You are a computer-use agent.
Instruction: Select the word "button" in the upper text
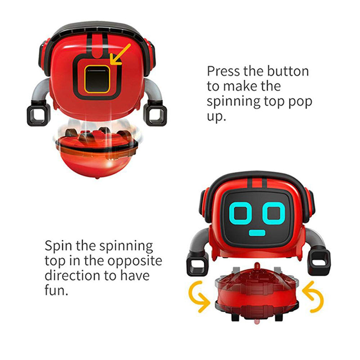(x=288, y=71)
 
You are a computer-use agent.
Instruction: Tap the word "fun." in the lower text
(x=57, y=291)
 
